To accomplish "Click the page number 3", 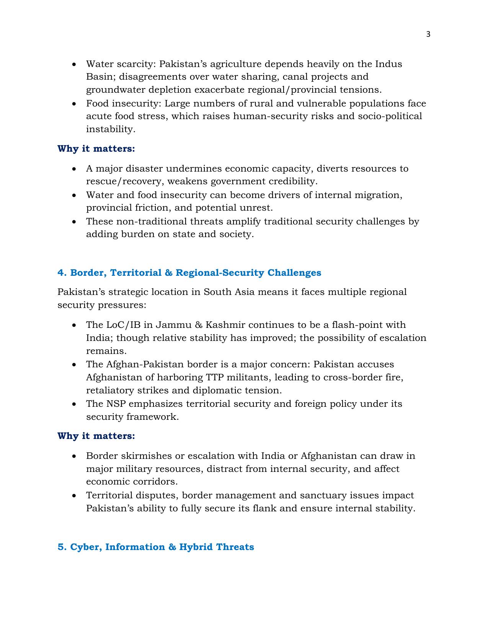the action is point(428,34).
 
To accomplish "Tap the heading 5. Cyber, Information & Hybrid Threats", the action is point(156,547).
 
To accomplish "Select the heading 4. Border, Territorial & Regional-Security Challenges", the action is point(189,273).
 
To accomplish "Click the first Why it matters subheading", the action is point(96,149).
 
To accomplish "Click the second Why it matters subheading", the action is point(96,436).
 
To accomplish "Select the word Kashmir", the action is point(225,325).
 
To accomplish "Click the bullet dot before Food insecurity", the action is point(74,104).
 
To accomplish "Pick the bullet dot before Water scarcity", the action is point(74,64).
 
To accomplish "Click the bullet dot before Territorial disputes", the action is point(74,496).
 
